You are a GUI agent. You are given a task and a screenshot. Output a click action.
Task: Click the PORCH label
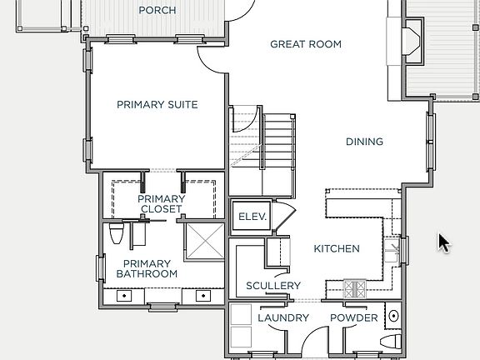pos(157,10)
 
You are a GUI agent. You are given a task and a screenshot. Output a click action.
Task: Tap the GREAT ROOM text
pos(306,44)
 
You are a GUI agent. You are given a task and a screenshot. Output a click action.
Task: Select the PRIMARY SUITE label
pos(157,105)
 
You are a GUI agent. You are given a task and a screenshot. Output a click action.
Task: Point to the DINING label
pos(364,142)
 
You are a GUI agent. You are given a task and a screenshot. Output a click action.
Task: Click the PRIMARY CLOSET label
pos(161,204)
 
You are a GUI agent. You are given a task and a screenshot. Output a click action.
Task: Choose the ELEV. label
pos(252,217)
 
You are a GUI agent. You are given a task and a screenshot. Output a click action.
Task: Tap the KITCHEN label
pos(337,249)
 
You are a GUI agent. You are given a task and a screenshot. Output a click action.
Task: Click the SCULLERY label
pos(273,286)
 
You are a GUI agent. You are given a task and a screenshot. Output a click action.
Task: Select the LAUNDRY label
pos(283,318)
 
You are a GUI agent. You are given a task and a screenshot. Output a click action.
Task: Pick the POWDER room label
pos(354,318)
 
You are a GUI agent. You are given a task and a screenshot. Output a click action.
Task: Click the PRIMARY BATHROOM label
pos(147,268)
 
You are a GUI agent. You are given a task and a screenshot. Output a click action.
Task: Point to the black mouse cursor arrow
pos(444,242)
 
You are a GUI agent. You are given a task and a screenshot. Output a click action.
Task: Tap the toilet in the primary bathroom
pos(117,235)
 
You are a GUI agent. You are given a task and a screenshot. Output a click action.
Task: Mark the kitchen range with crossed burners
pos(355,290)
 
